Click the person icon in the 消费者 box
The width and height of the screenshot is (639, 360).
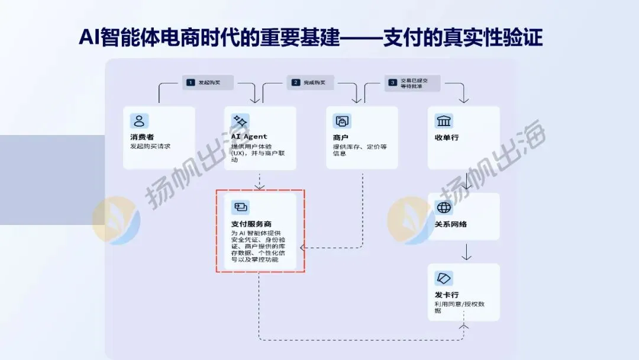click(x=139, y=121)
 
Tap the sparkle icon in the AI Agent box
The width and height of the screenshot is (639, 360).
click(x=240, y=121)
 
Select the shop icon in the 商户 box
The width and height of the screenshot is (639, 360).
click(x=342, y=121)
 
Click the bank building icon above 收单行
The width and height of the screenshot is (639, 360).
click(x=444, y=121)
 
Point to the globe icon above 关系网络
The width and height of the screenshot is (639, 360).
click(x=444, y=207)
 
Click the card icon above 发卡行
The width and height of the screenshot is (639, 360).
click(x=444, y=278)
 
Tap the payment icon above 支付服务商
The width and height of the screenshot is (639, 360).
click(x=240, y=207)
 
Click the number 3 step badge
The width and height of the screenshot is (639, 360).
click(x=392, y=82)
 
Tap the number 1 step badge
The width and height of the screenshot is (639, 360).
click(x=191, y=82)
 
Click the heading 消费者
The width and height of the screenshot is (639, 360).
click(x=142, y=137)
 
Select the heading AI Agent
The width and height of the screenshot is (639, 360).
click(x=248, y=137)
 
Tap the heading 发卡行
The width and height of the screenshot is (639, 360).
click(x=447, y=295)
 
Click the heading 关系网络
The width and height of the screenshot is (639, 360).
click(x=451, y=224)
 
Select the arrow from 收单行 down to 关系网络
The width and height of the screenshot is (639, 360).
click(x=466, y=181)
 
